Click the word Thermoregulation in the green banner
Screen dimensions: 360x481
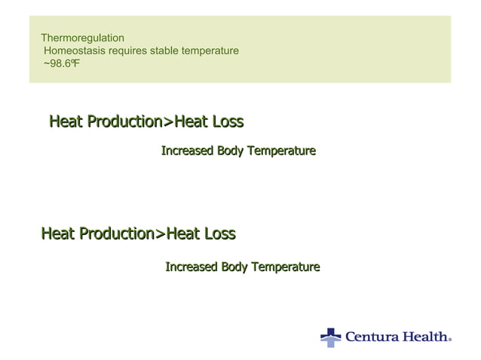[82, 38]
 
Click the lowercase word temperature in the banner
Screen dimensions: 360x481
[215, 50]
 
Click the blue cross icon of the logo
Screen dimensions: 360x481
[330, 337]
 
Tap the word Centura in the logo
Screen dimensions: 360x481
[370, 337]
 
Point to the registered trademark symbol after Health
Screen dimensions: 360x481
[450, 340]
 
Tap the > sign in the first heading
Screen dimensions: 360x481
[168, 121]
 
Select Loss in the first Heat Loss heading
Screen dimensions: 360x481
[227, 121]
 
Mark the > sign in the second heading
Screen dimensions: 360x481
[160, 234]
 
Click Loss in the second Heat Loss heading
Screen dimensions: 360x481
[219, 234]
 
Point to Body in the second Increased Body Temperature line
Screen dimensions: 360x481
[234, 267]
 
